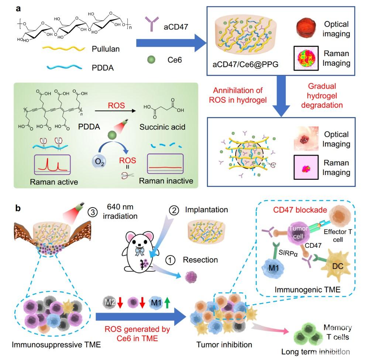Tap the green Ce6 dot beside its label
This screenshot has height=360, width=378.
[x=151, y=59]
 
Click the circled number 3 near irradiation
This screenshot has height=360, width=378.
[x=93, y=212]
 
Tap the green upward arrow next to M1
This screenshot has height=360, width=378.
[x=167, y=302]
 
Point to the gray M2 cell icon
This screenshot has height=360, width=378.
[x=109, y=302]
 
